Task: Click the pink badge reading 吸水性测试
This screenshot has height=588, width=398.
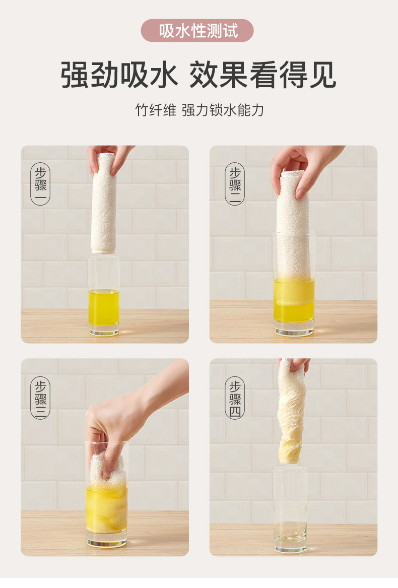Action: [x=197, y=31]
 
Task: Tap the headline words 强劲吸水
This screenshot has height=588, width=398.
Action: [x=119, y=75]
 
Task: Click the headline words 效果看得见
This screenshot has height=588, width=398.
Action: [x=262, y=75]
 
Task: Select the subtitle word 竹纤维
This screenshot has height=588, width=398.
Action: [x=156, y=110]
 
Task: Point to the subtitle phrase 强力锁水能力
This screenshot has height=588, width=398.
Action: [x=223, y=110]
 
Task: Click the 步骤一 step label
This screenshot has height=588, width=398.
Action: [x=40, y=184]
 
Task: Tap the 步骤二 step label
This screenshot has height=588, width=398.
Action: [x=235, y=184]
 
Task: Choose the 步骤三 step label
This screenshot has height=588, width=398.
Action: [x=40, y=398]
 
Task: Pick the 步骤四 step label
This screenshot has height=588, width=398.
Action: [x=235, y=398]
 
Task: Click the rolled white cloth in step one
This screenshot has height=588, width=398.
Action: [x=104, y=203]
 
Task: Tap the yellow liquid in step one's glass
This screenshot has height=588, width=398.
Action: [x=104, y=307]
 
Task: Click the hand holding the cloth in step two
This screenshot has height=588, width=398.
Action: [x=300, y=169]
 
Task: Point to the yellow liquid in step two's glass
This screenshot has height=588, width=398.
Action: [x=294, y=300]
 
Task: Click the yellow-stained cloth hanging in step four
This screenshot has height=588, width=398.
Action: [x=291, y=413]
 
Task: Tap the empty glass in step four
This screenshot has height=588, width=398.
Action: [x=290, y=509]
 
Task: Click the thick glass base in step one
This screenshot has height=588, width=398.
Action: [x=104, y=330]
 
